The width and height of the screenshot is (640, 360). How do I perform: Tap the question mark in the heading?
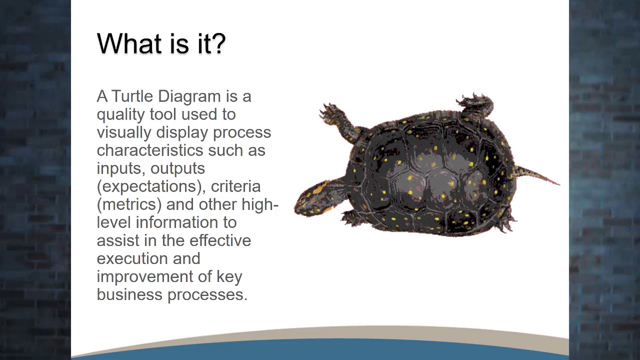pos(219,43)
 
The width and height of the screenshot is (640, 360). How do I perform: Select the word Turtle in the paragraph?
pos(132,96)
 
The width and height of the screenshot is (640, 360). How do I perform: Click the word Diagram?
pos(189,96)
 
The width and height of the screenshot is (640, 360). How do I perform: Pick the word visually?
pos(124,133)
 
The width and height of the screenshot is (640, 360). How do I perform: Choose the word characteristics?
pos(150,150)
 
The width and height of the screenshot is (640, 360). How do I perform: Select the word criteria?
pos(235,186)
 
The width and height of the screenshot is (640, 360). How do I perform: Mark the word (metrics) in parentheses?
pos(129,205)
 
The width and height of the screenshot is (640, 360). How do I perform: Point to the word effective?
pos(220,240)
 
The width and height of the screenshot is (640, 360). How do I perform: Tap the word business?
pos(129,294)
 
